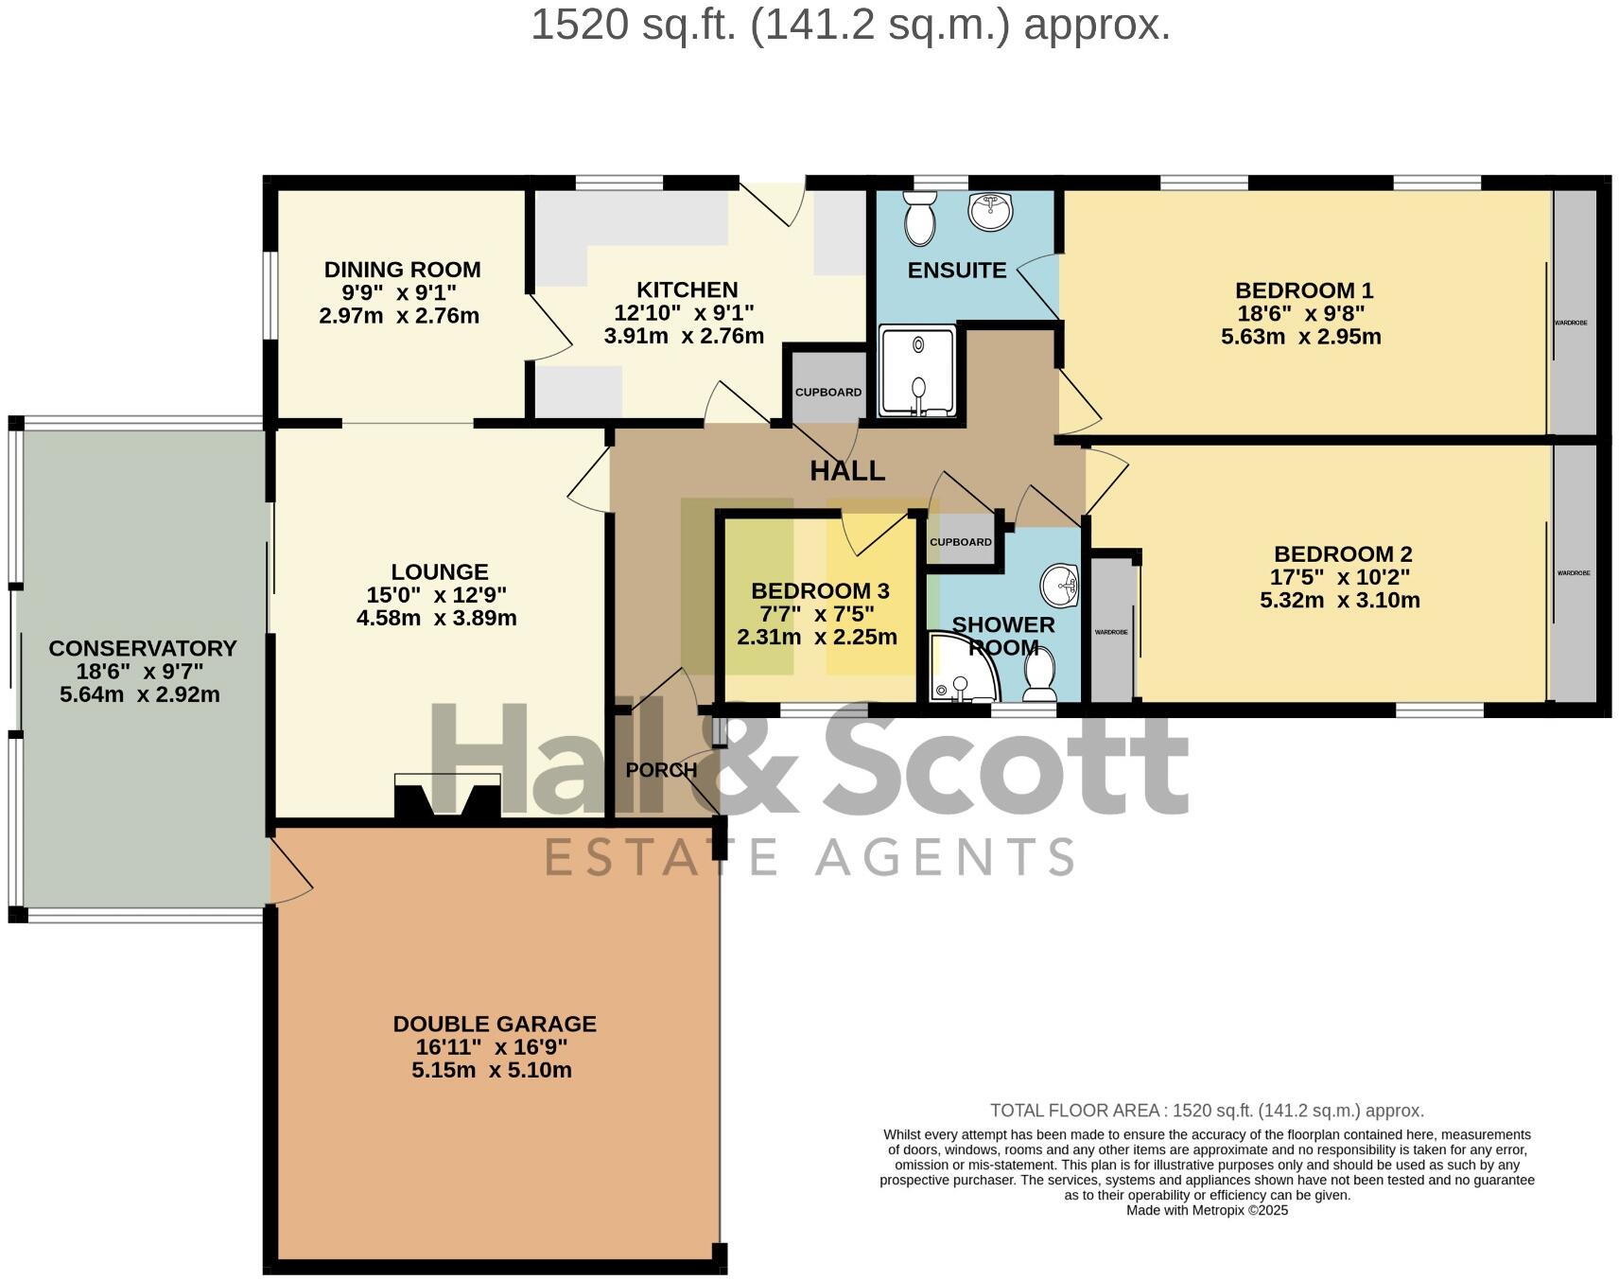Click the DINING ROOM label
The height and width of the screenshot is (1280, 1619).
click(402, 270)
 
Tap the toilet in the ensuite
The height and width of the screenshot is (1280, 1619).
click(919, 219)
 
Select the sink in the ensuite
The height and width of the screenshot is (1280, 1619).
click(990, 211)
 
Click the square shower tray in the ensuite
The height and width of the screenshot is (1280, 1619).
click(917, 371)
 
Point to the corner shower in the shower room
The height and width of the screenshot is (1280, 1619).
click(958, 669)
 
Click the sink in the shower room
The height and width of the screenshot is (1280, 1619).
click(1060, 586)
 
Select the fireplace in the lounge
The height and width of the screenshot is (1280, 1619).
click(447, 797)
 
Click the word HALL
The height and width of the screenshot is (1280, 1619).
click(847, 470)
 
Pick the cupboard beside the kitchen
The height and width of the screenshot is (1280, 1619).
click(827, 391)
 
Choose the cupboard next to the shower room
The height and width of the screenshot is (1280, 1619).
click(961, 542)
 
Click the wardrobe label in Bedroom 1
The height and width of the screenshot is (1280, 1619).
click(1571, 323)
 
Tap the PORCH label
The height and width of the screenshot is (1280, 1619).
click(661, 770)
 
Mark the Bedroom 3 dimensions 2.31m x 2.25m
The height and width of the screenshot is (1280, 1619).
click(817, 637)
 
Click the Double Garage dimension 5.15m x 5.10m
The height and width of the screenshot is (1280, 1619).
click(492, 1070)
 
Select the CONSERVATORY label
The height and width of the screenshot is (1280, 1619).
click(143, 648)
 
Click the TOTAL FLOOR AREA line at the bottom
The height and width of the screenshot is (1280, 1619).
click(1207, 1111)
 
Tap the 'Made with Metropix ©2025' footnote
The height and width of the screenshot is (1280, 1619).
click(1207, 1210)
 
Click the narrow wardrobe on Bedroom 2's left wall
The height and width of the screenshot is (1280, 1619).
click(1112, 631)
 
